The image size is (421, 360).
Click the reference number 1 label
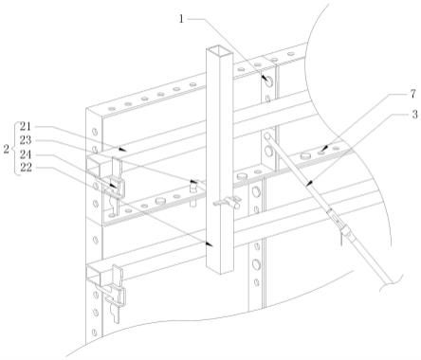click(181, 19)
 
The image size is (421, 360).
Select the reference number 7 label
click(413, 94)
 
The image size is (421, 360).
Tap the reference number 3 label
click(415, 114)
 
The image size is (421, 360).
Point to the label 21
click(26, 127)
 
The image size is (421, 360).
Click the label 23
click(26, 140)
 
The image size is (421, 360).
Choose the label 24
click(26, 154)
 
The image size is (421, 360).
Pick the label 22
click(26, 168)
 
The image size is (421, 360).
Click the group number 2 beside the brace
click(7, 149)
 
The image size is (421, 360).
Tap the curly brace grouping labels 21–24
click(14, 148)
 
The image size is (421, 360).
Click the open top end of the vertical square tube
click(220, 50)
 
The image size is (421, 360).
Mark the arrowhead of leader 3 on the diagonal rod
click(309, 183)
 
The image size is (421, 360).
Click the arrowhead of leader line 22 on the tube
click(209, 243)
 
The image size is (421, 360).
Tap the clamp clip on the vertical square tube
click(227, 203)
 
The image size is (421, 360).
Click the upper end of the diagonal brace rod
click(266, 135)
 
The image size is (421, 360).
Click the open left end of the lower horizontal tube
click(94, 272)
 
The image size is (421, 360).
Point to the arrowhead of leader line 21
click(123, 149)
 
